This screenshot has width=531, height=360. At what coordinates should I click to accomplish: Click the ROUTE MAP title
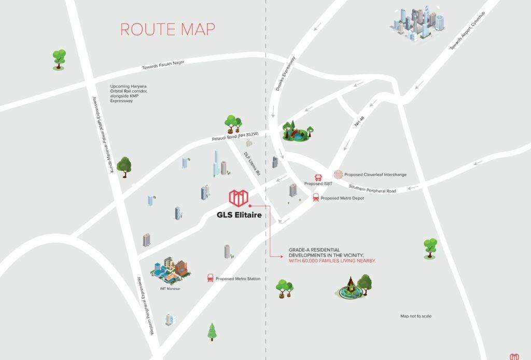point(167,30)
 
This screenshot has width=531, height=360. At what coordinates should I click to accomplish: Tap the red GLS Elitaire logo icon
point(239,197)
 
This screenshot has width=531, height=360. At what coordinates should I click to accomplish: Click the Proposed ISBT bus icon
point(318,177)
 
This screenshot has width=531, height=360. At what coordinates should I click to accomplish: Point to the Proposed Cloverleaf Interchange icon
point(338,174)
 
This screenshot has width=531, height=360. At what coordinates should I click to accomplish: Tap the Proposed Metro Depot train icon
point(315,198)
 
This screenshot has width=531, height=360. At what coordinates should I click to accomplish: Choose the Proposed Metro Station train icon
point(211,278)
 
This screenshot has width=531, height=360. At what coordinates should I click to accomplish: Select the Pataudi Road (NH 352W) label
point(235,136)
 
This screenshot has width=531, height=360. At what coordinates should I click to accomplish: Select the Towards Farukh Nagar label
point(163,65)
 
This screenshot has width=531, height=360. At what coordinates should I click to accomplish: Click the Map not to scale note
point(415,316)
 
